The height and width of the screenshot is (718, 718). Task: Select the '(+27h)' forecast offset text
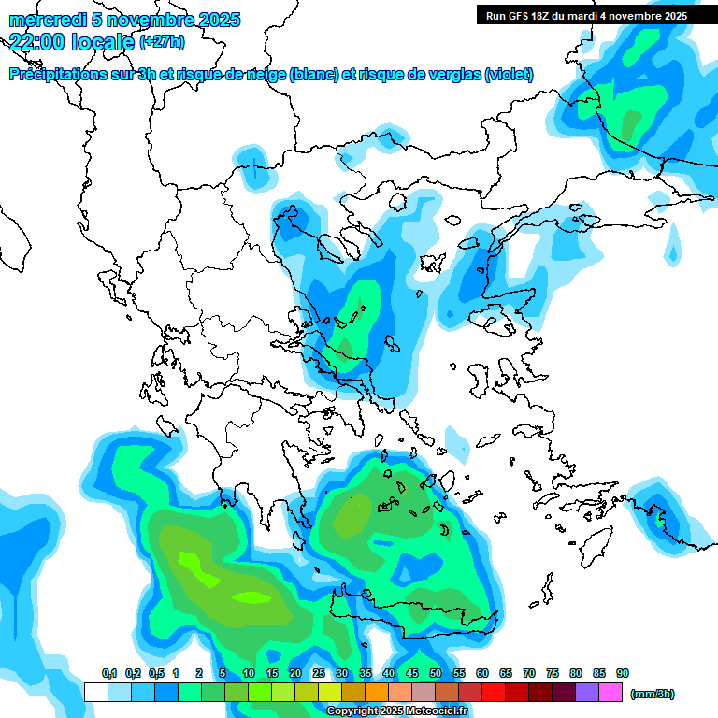pos(162,42)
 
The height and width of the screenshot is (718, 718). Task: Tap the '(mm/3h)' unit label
pos(652,694)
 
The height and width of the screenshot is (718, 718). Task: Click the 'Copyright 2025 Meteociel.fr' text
pos(396,711)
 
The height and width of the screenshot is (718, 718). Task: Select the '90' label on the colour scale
pos(623,673)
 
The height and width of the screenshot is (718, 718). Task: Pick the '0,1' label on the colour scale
pos(109,673)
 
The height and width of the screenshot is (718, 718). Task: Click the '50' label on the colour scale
pos(436,673)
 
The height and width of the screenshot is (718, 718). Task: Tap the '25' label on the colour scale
pos(319,673)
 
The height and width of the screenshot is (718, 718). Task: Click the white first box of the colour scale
pos(95,692)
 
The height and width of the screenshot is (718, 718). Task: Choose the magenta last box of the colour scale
pos(610,692)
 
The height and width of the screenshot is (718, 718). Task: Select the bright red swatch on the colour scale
pos(494,692)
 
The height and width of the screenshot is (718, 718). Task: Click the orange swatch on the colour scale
pos(377,692)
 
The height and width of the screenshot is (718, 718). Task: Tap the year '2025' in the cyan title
pos(219,21)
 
